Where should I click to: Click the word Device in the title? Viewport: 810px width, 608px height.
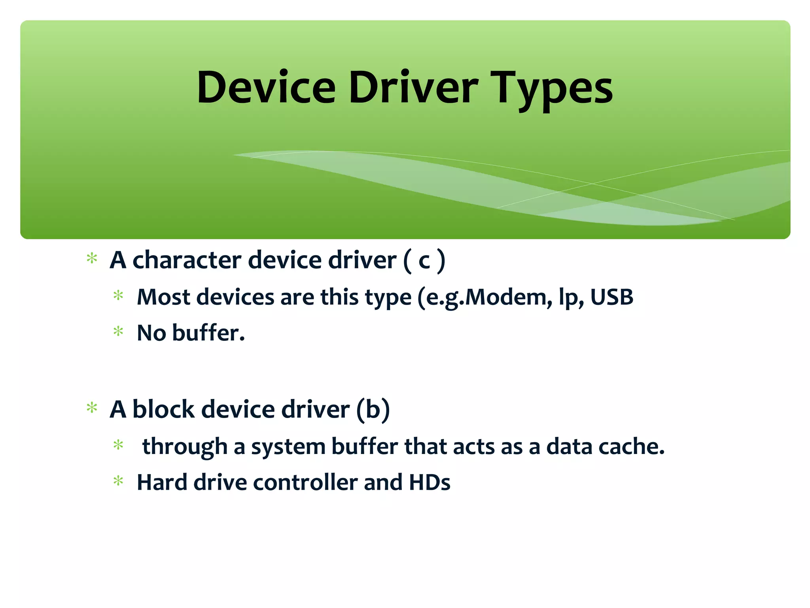pyautogui.click(x=266, y=88)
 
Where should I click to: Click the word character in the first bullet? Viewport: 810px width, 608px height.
pyautogui.click(x=187, y=260)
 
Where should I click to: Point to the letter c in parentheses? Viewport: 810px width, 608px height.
pyautogui.click(x=424, y=261)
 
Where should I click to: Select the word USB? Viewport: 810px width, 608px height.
pyautogui.click(x=611, y=297)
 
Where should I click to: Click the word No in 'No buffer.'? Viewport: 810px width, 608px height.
pyautogui.click(x=151, y=333)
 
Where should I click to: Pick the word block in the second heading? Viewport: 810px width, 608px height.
pyautogui.click(x=163, y=409)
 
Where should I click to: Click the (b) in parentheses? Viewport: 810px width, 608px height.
pyautogui.click(x=373, y=409)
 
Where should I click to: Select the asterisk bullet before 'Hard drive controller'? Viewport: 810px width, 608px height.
pyautogui.click(x=118, y=481)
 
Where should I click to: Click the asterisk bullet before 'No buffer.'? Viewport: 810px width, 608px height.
pyautogui.click(x=118, y=331)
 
